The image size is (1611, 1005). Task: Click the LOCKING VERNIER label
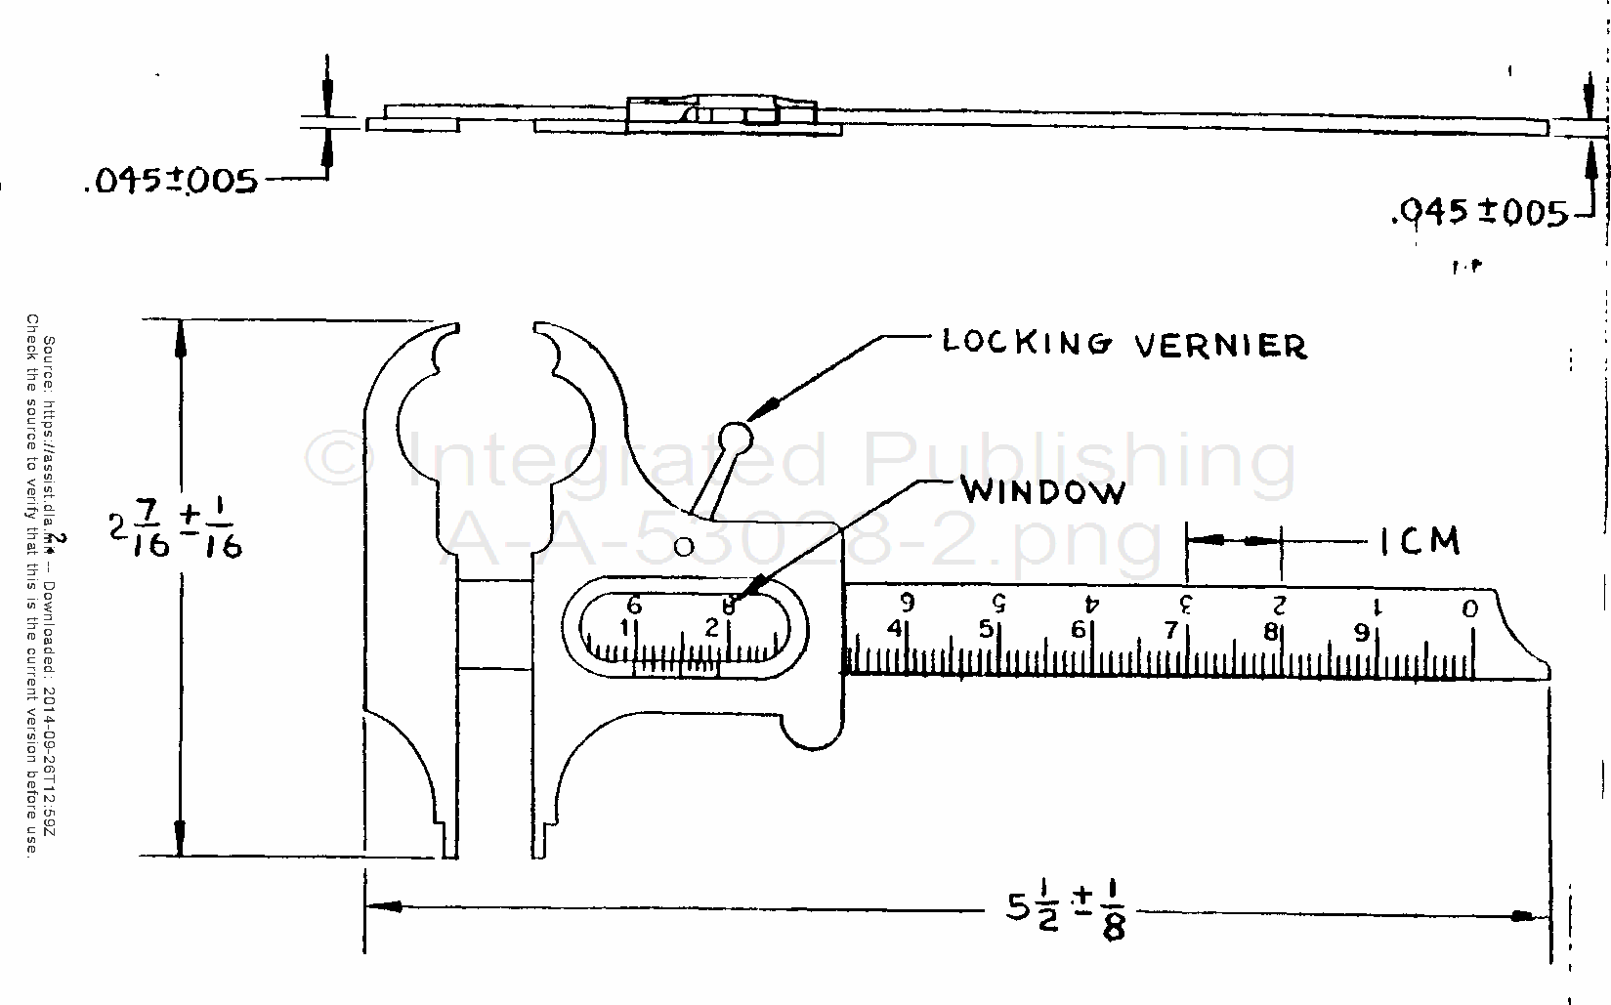1123,344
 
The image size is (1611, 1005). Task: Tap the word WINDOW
1042,490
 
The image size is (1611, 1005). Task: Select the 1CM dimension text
1419,540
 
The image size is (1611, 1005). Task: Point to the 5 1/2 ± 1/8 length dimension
1067,914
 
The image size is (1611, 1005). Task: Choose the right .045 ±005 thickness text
1478,212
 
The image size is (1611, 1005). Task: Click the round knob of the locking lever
736,436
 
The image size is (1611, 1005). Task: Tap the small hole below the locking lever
685,543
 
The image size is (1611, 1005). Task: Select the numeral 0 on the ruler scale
1470,609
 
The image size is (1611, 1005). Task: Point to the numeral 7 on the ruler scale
1170,631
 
